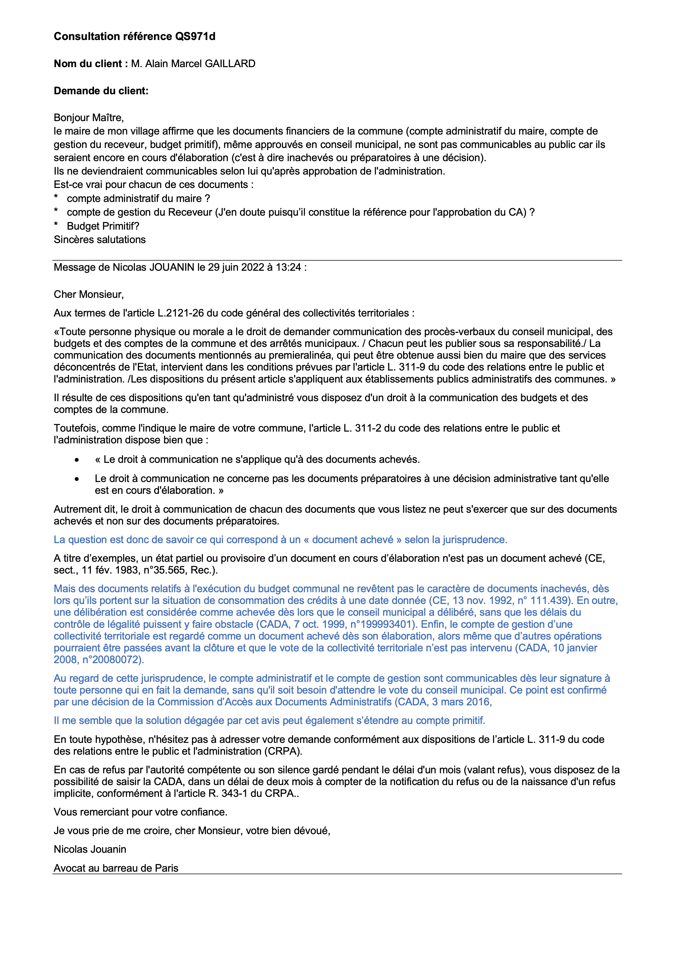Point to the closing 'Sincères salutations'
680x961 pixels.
click(100, 239)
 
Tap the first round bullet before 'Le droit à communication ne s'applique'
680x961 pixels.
click(76, 460)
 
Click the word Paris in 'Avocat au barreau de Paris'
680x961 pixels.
click(167, 868)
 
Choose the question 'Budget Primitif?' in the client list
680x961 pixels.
click(103, 226)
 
